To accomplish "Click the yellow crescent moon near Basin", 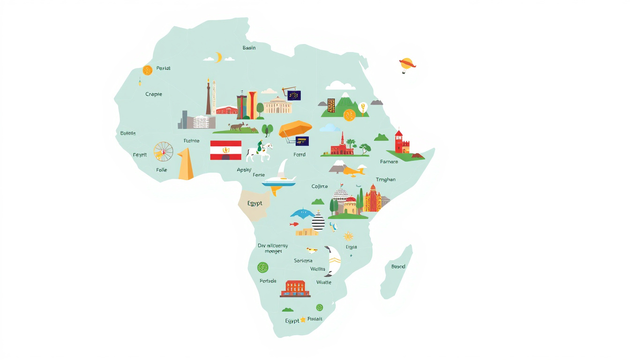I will click(218, 57).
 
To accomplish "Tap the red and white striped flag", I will click(225, 150).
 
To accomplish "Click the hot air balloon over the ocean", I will click(406, 65).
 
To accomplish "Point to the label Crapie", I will click(153, 94).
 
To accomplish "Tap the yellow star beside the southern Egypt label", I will click(303, 320).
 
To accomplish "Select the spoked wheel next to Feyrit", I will click(164, 151).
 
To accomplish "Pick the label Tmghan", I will click(385, 180).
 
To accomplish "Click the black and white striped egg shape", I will click(318, 221).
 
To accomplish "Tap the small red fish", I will click(294, 225).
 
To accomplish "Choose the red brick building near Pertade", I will click(295, 288).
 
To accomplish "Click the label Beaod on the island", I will click(398, 267).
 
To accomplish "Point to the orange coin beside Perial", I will click(147, 70).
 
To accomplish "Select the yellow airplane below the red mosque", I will click(353, 171).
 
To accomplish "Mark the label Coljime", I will click(320, 187).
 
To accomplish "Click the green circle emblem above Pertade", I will click(262, 268).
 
